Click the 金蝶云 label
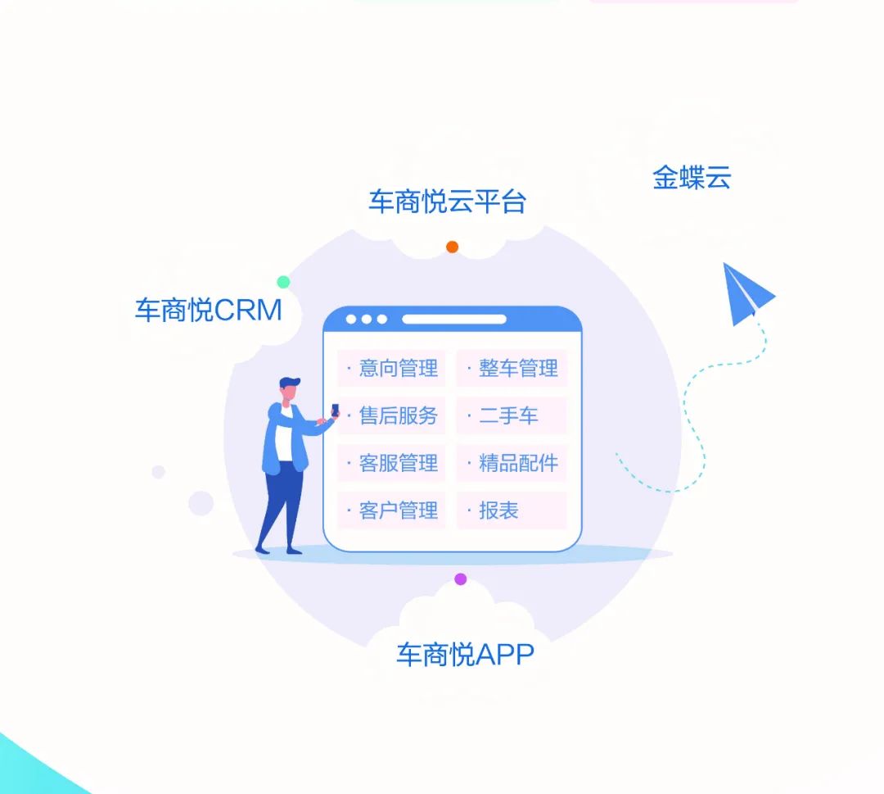tap(692, 177)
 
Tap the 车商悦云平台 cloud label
tap(447, 202)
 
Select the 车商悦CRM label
tap(209, 310)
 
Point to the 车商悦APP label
tap(465, 655)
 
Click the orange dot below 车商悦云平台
tap(452, 247)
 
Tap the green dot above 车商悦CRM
tap(283, 282)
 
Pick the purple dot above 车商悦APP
tap(461, 579)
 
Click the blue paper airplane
tap(746, 293)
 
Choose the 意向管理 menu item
tap(392, 369)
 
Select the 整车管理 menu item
tap(512, 369)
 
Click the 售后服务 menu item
tap(392, 416)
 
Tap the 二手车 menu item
tap(512, 416)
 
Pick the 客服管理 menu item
tap(392, 463)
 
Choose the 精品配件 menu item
tap(512, 463)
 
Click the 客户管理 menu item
tap(392, 510)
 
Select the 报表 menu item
tap(512, 510)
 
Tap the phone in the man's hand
tap(335, 411)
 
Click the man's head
tap(289, 389)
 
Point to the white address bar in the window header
tap(453, 320)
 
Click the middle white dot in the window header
tap(367, 320)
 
